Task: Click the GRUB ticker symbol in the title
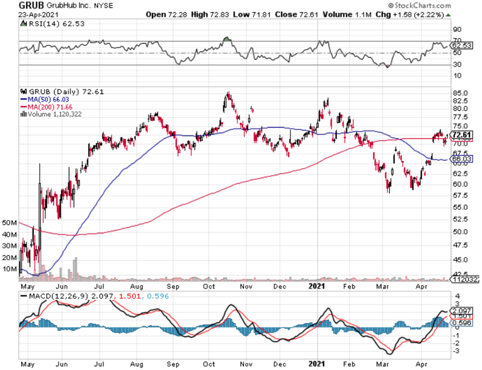(x=32, y=6)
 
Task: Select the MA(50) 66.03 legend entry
(x=41, y=99)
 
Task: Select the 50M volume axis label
(x=9, y=223)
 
